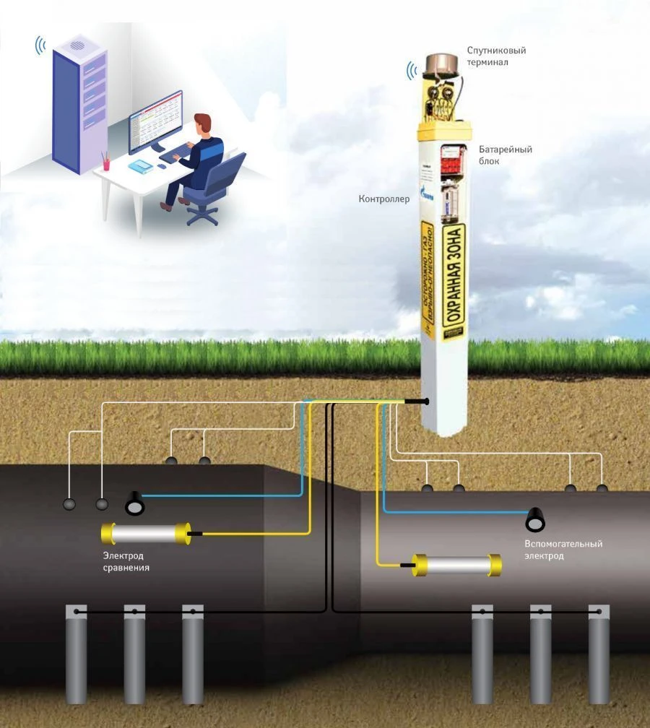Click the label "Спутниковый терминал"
tap(496, 56)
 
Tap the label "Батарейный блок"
tap(505, 155)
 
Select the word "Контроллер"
tap(383, 199)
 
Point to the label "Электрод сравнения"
tap(126, 561)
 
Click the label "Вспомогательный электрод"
tap(563, 550)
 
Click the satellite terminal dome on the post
tap(439, 66)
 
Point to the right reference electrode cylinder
tap(456, 565)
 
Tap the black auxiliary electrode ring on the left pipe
tap(134, 504)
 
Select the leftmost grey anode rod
tap(76, 654)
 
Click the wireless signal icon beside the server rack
tap(40, 46)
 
